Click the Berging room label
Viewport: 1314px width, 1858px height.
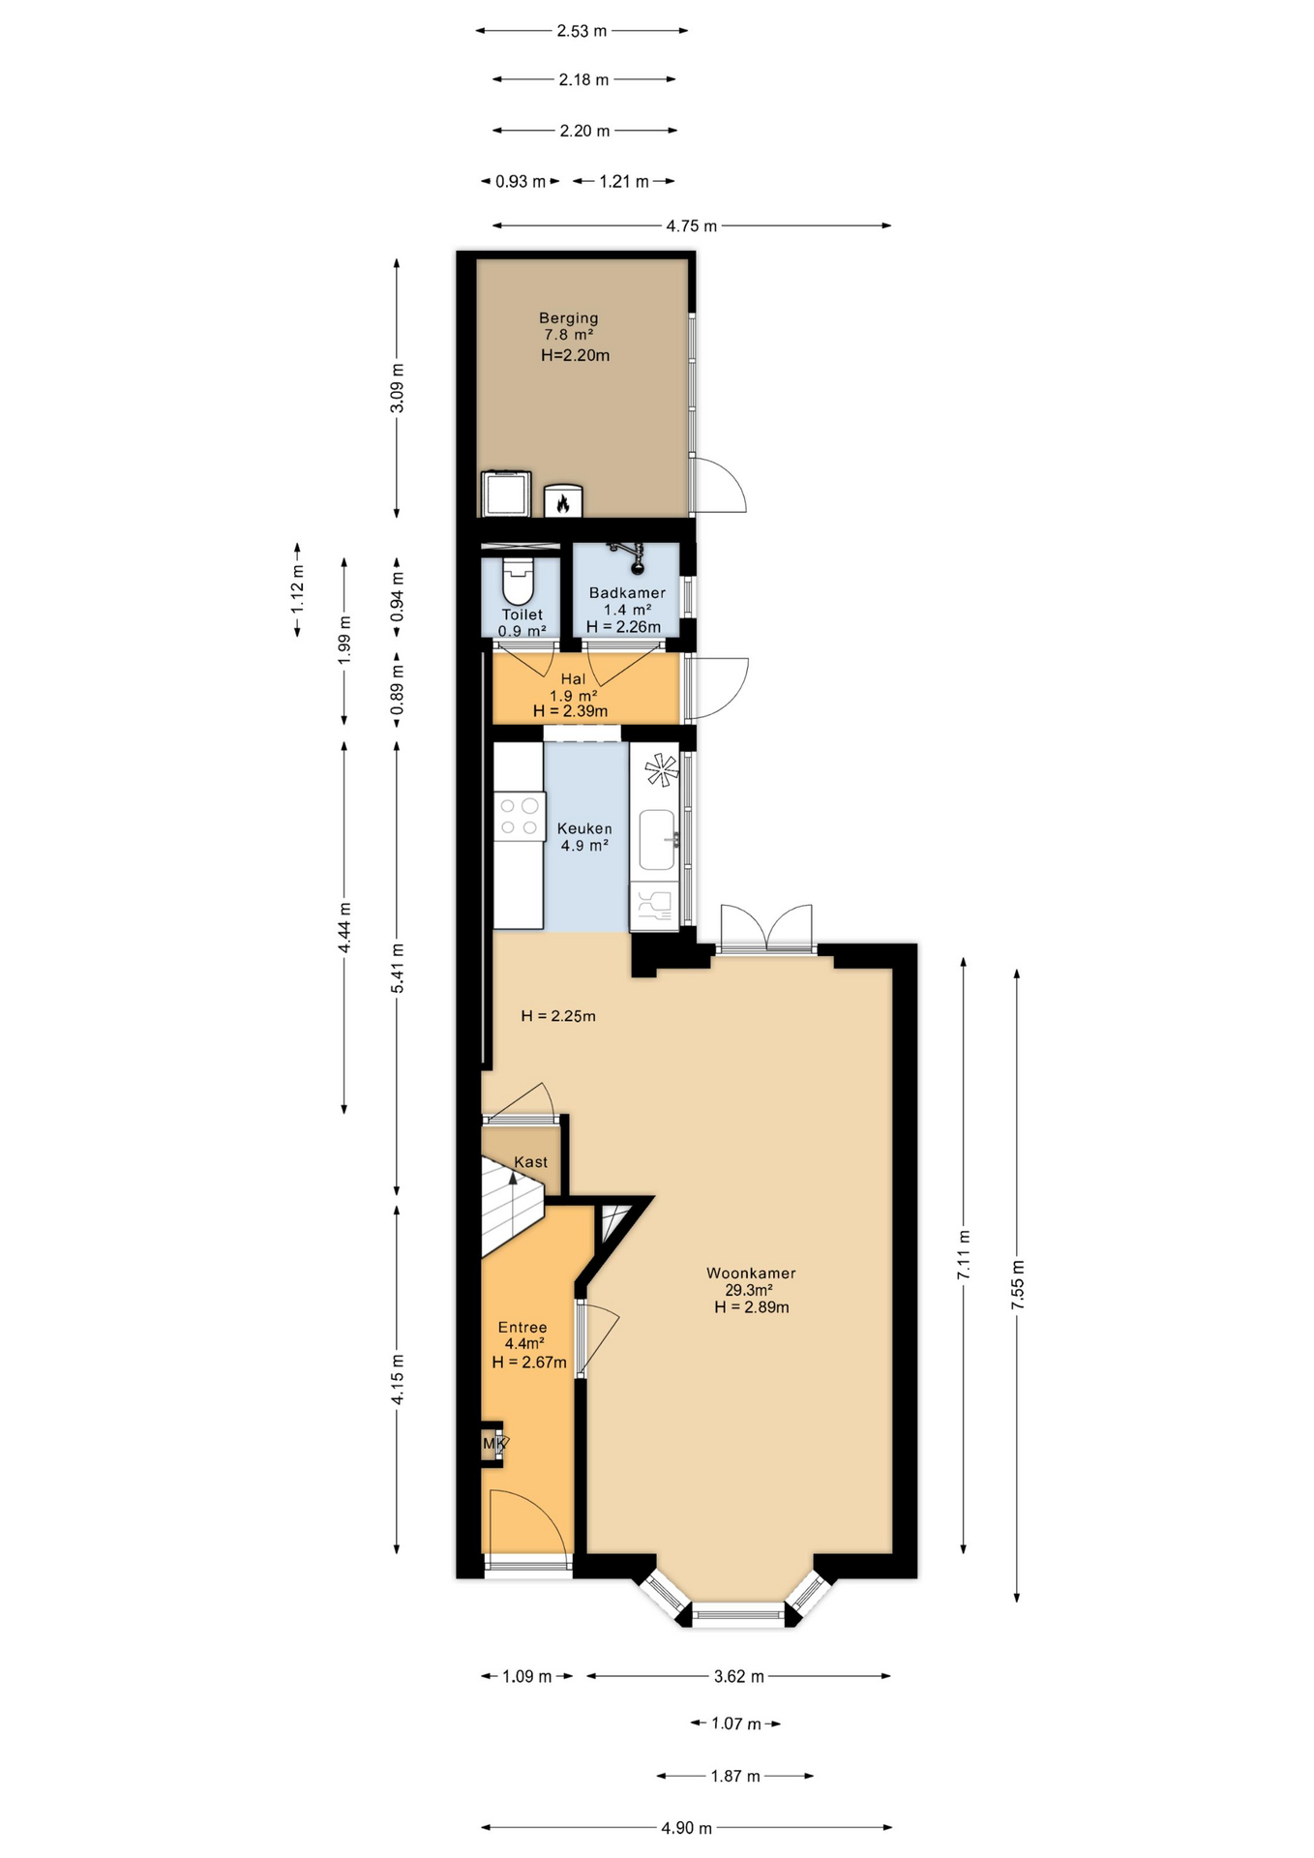(x=568, y=317)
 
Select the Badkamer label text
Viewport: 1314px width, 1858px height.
(x=627, y=592)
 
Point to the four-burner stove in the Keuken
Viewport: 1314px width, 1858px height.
(x=519, y=815)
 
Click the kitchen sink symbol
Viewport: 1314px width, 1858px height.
(x=657, y=839)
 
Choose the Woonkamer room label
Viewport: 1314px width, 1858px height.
(x=751, y=1273)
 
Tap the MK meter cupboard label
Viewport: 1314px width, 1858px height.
(x=494, y=1444)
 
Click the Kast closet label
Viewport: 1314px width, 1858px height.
(x=530, y=1161)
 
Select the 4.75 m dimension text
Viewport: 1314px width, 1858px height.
(x=691, y=225)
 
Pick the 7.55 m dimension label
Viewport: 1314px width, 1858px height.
(x=1017, y=1285)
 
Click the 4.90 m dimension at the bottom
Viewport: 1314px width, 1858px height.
(x=686, y=1828)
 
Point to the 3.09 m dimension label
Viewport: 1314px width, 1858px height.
(x=397, y=388)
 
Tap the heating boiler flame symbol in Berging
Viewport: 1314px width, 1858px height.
(x=562, y=501)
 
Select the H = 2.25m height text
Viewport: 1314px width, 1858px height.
(x=558, y=1016)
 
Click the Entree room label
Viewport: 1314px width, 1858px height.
(x=523, y=1327)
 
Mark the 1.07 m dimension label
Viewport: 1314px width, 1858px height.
(x=736, y=1723)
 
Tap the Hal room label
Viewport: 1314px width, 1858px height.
(x=573, y=679)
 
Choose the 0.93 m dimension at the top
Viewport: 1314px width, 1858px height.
(x=521, y=181)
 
